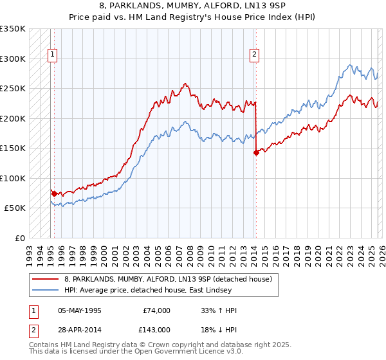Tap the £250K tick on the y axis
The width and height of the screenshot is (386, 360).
pyautogui.click(x=13, y=88)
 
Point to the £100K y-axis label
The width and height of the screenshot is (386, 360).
pyautogui.click(x=13, y=178)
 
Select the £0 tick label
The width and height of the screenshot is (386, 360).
pyautogui.click(x=19, y=238)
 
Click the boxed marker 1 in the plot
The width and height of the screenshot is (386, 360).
pyautogui.click(x=52, y=55)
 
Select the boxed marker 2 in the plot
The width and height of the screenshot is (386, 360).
pyautogui.click(x=255, y=55)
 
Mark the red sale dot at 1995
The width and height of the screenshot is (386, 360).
pyautogui.click(x=54, y=194)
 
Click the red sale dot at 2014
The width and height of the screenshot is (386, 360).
pyautogui.click(x=256, y=152)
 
